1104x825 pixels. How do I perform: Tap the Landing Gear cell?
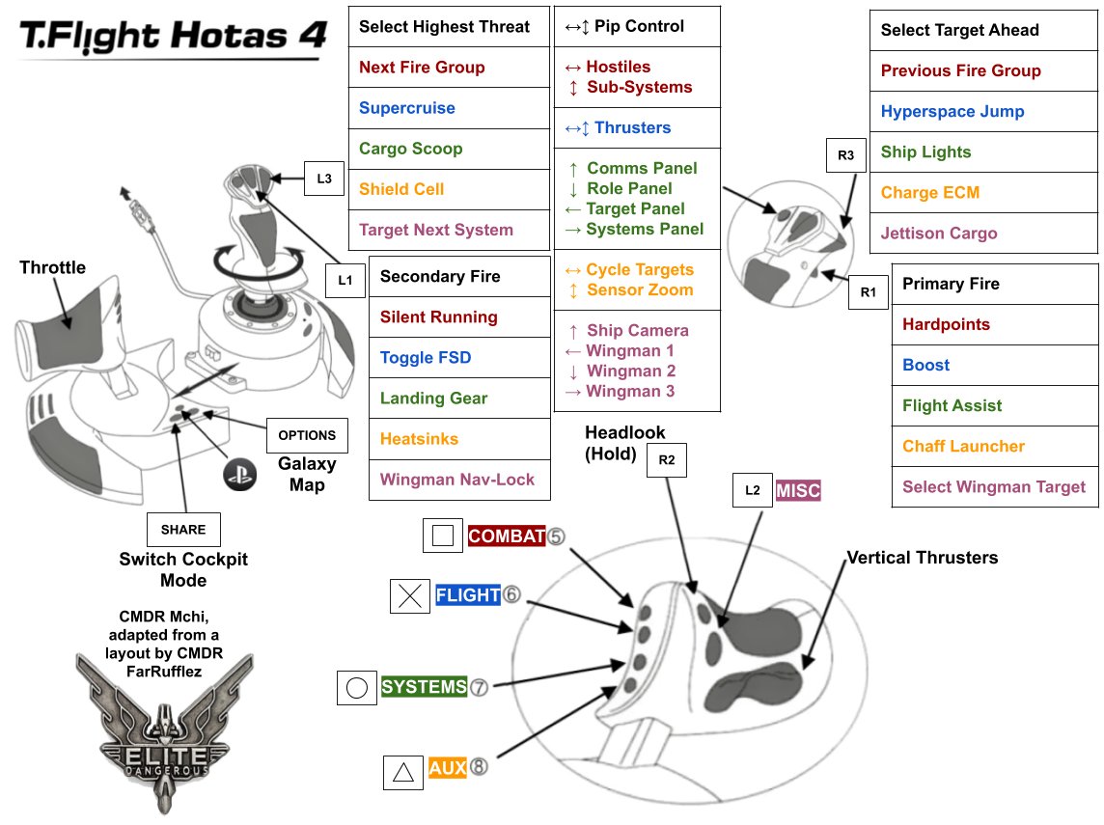[x=459, y=399]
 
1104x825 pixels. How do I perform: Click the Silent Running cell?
[x=459, y=317]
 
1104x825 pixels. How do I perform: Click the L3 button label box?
[x=324, y=178]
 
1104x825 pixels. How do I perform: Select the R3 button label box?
[x=846, y=153]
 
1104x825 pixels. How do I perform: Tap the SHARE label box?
[x=183, y=529]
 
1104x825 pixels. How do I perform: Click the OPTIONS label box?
[x=307, y=435]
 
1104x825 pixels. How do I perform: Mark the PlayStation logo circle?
[x=235, y=474]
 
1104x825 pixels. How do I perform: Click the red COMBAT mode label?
[x=507, y=536]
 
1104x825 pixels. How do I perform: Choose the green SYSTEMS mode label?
[x=425, y=688]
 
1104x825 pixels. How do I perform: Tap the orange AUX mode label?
[x=448, y=768]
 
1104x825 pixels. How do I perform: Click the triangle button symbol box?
[x=403, y=772]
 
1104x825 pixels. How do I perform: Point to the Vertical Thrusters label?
[x=922, y=558]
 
